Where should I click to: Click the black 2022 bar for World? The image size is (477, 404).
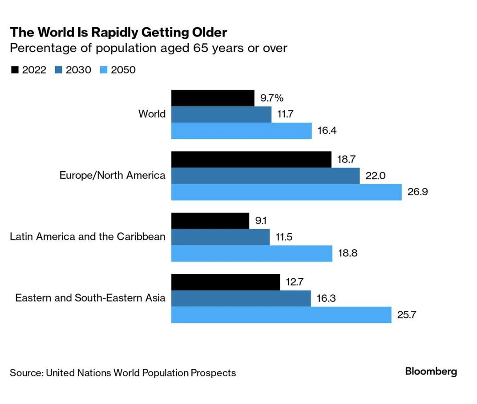[213, 98]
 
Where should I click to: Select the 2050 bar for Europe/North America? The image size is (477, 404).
[286, 192]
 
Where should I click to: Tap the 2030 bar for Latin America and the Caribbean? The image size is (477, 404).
[220, 237]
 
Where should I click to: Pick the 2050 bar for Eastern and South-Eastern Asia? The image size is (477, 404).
[281, 315]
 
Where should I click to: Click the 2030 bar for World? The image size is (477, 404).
[221, 114]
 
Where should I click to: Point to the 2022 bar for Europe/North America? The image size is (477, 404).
[251, 159]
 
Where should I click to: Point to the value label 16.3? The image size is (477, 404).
[326, 298]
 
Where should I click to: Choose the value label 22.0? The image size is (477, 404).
[376, 176]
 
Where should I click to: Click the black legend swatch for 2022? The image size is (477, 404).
[14, 70]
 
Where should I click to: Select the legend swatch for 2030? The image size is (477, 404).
[59, 70]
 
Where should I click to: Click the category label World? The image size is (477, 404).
[152, 114]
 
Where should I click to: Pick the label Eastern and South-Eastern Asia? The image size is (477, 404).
[90, 298]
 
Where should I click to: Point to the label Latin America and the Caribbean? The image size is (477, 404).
[88, 236]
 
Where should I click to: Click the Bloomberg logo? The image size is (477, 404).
[431, 371]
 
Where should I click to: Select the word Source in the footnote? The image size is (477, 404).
[25, 372]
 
